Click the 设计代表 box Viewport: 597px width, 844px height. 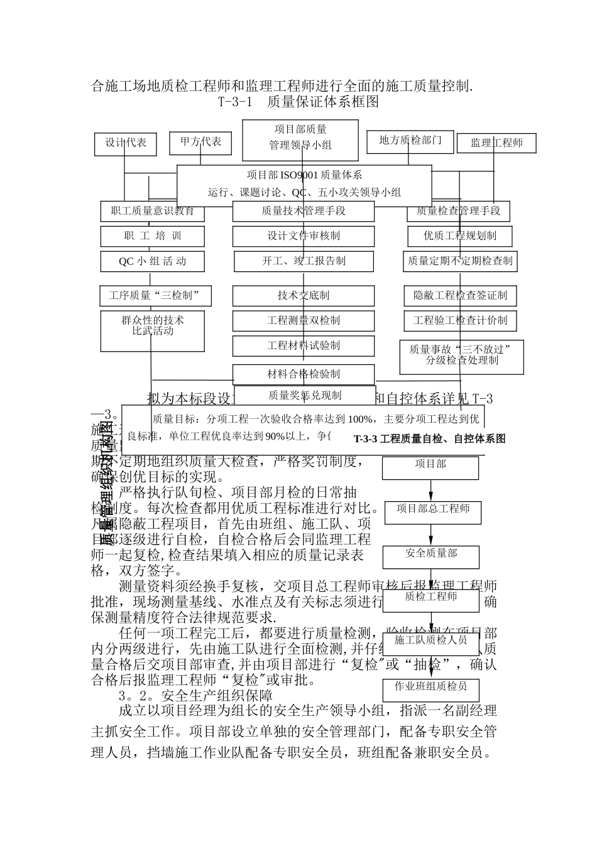pos(125,143)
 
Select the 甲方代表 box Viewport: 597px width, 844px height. pos(200,143)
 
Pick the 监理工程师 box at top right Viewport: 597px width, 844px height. pos(496,143)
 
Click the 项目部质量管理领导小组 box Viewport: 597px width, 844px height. pos(300,137)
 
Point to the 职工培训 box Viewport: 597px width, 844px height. pos(152,236)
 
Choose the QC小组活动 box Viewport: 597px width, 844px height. pos(152,261)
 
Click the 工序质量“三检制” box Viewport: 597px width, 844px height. pos(155,295)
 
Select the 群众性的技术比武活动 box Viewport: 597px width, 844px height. pos(152,330)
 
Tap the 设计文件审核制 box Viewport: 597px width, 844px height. pos(304,236)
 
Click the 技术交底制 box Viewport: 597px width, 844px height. pos(304,295)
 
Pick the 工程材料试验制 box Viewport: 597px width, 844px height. pos(304,345)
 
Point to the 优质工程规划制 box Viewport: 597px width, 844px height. pos(460,236)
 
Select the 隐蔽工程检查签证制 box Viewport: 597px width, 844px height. pos(460,295)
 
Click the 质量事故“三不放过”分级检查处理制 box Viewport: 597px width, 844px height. pos(461,356)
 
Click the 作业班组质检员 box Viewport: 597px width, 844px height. pos(431,689)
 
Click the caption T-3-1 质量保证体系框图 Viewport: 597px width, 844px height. pos(298,102)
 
